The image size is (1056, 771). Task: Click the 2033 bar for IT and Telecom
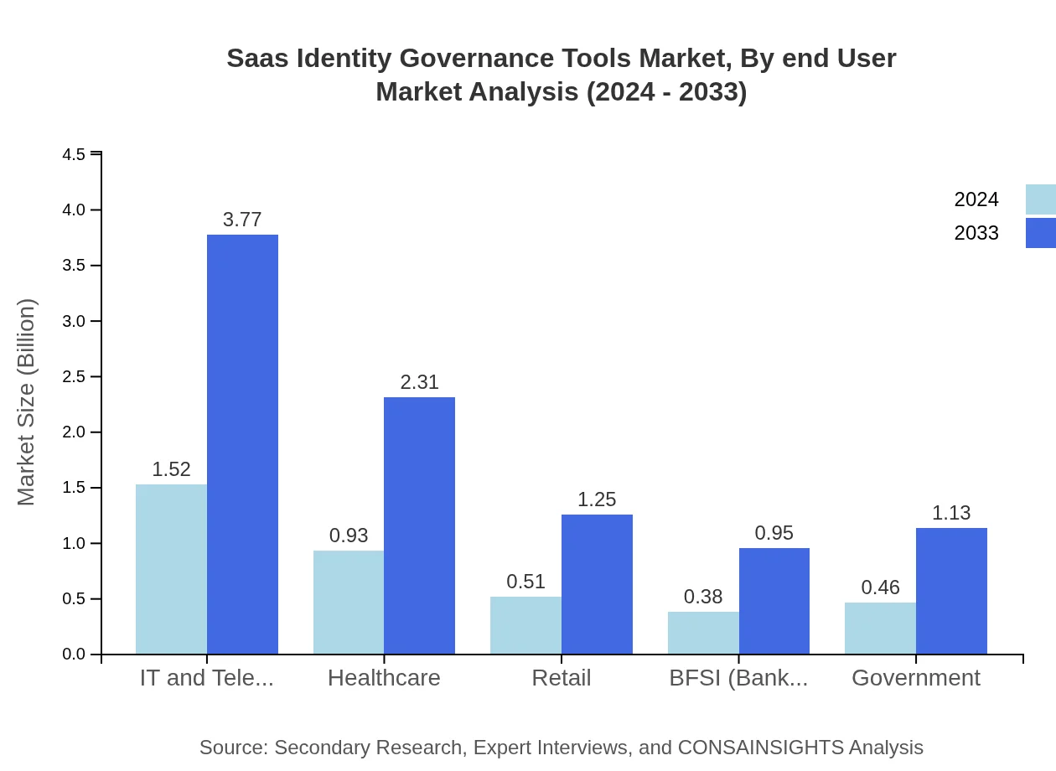242,444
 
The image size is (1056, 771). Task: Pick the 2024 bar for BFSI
703,633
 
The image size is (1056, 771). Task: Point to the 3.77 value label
242,220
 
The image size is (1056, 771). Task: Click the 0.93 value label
349,536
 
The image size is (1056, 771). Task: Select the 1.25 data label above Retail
597,499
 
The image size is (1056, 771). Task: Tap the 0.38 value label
703,597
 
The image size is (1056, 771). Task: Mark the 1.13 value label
951,513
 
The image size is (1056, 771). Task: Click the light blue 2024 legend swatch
1040,199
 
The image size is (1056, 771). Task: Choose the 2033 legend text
976,233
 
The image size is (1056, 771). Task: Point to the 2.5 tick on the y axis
75,377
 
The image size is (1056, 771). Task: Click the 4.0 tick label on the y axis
75,210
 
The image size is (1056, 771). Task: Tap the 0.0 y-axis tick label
75,655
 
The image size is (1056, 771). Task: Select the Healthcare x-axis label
384,677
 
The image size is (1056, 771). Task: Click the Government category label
915,677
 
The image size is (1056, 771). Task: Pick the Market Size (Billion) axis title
27,402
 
